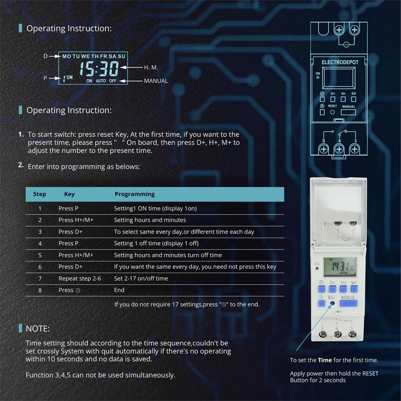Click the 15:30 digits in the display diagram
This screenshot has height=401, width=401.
coord(99,69)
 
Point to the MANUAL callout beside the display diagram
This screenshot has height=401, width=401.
coord(156,81)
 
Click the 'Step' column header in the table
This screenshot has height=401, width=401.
coord(40,194)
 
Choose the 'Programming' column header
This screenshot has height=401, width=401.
coord(135,194)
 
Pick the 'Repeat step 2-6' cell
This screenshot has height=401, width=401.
coord(80,278)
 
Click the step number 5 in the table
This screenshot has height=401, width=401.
coord(40,255)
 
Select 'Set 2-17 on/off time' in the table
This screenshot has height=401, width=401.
coord(141,278)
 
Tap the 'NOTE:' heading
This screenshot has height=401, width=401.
coord(38,329)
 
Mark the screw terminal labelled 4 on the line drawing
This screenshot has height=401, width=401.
coord(339,149)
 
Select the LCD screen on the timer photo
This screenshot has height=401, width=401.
coord(340,266)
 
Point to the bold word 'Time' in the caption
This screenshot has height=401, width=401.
coord(325,360)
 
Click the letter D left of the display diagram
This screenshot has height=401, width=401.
coord(46,57)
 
